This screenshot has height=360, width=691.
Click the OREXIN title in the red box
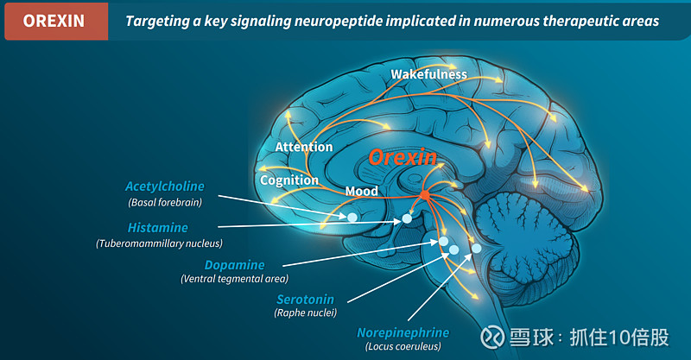[x=54, y=20]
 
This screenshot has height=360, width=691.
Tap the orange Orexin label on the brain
[x=403, y=158]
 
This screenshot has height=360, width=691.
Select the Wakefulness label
[x=428, y=74]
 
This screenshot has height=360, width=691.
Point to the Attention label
[x=303, y=148]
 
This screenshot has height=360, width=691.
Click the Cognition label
[x=289, y=180]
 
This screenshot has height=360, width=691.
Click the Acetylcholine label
[x=164, y=186]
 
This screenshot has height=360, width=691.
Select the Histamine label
[x=157, y=228]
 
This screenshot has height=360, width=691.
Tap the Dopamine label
[x=234, y=265]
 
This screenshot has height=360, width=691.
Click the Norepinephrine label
[x=403, y=332]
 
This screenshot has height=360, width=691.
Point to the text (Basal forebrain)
[x=164, y=202]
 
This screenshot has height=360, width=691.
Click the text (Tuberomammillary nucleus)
[x=159, y=244]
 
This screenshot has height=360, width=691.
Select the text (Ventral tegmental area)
[x=234, y=279]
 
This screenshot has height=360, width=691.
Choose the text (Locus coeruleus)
[x=403, y=346]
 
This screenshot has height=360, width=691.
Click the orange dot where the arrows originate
[x=424, y=196]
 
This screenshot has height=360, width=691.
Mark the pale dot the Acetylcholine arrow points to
[x=352, y=218]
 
